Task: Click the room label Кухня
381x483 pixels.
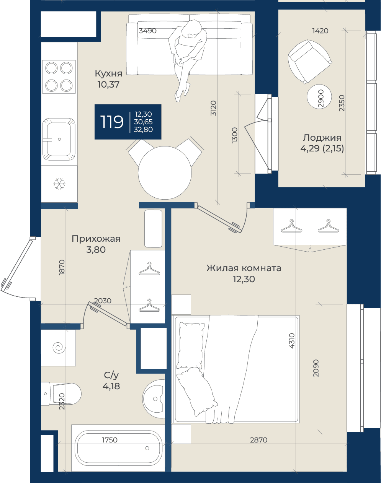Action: point(108,73)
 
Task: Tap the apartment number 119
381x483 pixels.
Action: point(112,122)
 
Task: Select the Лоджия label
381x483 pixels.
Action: point(322,138)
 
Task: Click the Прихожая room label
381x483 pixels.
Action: point(96,239)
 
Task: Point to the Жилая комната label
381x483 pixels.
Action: point(244,268)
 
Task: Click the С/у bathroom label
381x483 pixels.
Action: point(111,375)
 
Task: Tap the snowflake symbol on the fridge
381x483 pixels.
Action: point(59,184)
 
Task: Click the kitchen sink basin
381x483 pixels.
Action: point(59,139)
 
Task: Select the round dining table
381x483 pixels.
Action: point(165,172)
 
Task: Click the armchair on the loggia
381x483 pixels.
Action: point(310,62)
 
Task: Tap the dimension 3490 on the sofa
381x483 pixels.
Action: point(147,31)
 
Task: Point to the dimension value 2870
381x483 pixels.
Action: point(258,440)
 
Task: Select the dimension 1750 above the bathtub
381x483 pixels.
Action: point(110,440)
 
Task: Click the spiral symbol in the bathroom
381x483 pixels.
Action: point(59,348)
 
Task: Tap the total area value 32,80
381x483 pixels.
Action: point(143,130)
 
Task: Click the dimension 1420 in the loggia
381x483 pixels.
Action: point(320,31)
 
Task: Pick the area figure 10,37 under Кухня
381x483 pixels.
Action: point(108,85)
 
